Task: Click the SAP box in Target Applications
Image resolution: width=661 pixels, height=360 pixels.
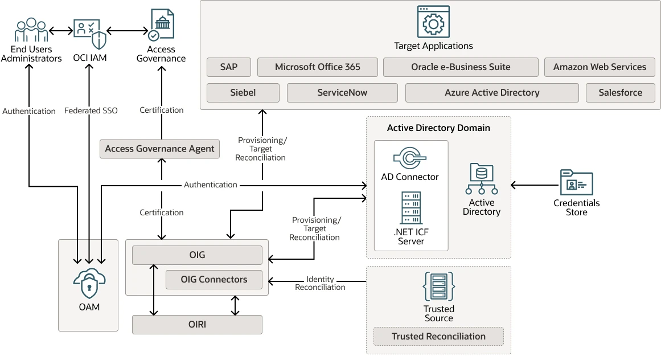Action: coord(229,67)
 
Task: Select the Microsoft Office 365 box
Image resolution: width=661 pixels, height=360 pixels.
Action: coord(318,67)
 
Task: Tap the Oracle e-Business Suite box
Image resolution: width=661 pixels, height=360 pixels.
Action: coord(461,67)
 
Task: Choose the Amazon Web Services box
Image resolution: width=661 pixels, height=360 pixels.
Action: coord(600,67)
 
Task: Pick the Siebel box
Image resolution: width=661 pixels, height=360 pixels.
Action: coord(243,93)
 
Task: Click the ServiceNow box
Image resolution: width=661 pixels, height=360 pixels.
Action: coord(342,93)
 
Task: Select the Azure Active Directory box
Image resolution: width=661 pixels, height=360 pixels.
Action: coord(492,93)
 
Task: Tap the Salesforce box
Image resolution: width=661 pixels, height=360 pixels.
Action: coord(621,93)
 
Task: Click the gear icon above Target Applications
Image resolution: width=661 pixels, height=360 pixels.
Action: coord(433,22)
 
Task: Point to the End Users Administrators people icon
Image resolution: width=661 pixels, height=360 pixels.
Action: coord(31,30)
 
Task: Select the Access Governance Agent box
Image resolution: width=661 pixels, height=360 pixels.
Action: coord(160,149)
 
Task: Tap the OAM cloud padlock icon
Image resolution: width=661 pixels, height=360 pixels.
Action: coord(89,283)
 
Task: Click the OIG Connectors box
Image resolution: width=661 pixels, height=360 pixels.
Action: coord(214,280)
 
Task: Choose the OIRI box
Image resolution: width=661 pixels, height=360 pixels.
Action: coord(198,325)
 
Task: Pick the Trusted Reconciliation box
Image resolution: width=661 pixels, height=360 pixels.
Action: coord(438,337)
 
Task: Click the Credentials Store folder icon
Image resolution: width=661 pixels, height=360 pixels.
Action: coord(576,182)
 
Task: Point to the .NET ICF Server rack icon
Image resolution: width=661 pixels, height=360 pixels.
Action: coord(411,208)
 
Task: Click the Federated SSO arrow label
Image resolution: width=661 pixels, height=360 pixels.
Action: coord(91,111)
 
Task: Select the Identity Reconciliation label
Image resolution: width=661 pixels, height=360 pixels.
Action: coord(320,283)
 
